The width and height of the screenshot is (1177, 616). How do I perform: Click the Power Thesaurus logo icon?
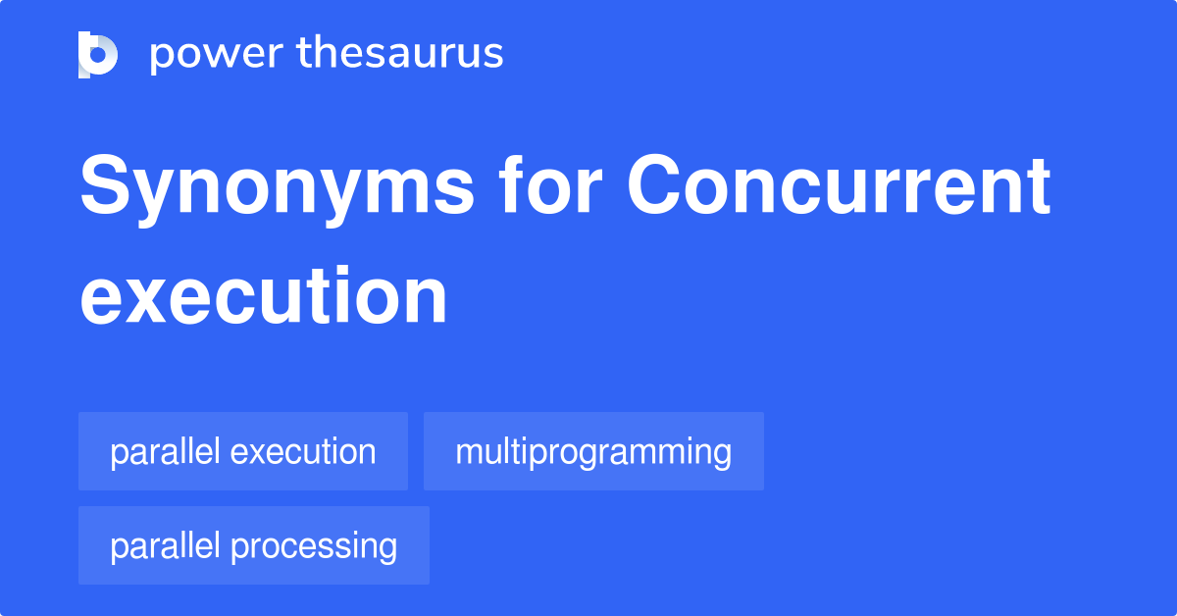coord(98,54)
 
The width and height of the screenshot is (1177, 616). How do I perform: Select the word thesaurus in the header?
coord(400,54)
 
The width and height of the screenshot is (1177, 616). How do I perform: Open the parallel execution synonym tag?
coord(243,452)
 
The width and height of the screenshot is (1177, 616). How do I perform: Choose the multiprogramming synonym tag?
coord(593,452)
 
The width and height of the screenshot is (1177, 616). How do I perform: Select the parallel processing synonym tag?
coord(254,546)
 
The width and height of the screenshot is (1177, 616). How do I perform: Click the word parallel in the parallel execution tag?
coord(165,452)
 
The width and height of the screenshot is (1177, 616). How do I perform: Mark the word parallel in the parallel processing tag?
coord(165,546)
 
